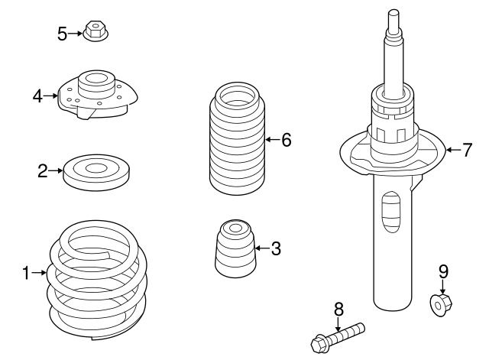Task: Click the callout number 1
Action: coord(26,273)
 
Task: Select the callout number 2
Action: coord(44,171)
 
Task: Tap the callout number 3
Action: coord(277,248)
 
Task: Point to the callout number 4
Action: coord(37,96)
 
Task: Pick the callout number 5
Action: coord(63,33)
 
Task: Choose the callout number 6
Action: coord(286,140)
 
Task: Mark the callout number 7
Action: coord(468,150)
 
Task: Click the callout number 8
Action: coord(338,310)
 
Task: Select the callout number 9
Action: coord(442,271)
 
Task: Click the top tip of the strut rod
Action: coord(393,14)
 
